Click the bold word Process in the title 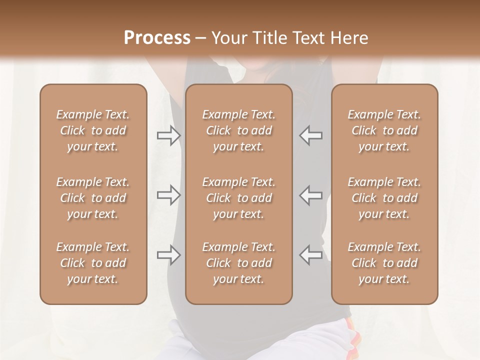[x=157, y=38]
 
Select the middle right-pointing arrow [x=168, y=195]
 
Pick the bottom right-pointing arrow [x=168, y=255]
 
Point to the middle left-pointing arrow [x=311, y=195]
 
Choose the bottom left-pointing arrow [x=311, y=255]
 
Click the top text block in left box [x=93, y=130]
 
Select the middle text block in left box [x=93, y=198]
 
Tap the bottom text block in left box [x=93, y=263]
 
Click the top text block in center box [x=238, y=130]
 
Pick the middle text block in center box [x=238, y=198]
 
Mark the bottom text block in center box [x=238, y=263]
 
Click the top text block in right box [x=384, y=130]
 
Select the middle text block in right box [x=384, y=198]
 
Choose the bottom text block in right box [x=384, y=263]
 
